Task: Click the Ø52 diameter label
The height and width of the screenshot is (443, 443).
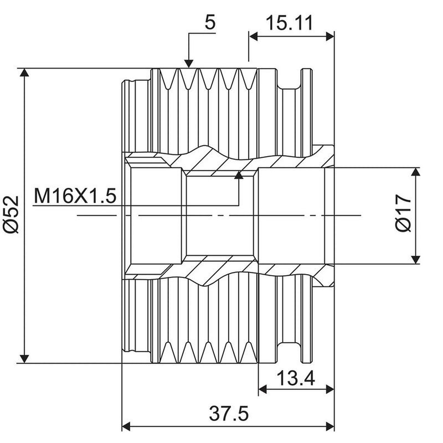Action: (x=11, y=214)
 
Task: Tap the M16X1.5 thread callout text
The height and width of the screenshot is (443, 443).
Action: (x=75, y=196)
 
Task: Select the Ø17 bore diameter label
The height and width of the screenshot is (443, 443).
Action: (x=403, y=213)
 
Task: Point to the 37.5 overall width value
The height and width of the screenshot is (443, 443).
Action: (x=229, y=413)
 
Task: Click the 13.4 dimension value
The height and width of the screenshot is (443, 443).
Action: (x=296, y=378)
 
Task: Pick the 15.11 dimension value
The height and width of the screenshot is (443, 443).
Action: (x=290, y=23)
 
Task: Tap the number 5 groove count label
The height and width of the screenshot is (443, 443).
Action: (x=210, y=22)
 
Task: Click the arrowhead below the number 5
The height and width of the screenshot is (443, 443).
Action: (x=189, y=64)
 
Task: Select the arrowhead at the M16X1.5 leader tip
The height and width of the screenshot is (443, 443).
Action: (x=239, y=175)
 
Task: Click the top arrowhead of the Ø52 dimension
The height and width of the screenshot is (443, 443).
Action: (x=24, y=73)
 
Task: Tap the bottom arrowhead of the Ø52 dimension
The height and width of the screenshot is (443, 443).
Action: (x=24, y=359)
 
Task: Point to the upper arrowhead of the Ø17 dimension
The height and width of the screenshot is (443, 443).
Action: (x=415, y=172)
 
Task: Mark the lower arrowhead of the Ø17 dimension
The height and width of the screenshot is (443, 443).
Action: (x=415, y=260)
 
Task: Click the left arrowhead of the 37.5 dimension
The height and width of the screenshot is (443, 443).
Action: (x=126, y=426)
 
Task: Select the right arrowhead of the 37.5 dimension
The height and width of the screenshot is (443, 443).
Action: (x=330, y=426)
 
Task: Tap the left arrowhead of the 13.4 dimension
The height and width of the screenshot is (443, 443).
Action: (x=262, y=389)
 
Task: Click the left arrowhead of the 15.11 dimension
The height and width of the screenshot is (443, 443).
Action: (x=253, y=36)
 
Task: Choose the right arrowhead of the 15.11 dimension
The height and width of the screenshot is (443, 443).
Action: (x=330, y=36)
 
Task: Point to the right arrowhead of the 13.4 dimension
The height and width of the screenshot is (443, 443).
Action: (x=330, y=389)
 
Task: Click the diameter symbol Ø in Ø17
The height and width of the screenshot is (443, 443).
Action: (x=403, y=225)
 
